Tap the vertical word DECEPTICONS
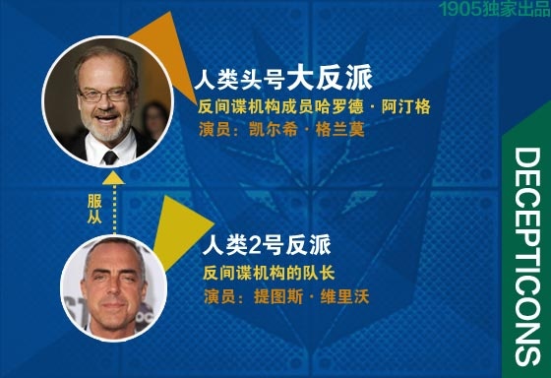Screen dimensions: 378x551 (526, 256)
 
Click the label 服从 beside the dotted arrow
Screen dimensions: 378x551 (94, 210)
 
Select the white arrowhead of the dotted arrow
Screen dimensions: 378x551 (113, 177)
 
